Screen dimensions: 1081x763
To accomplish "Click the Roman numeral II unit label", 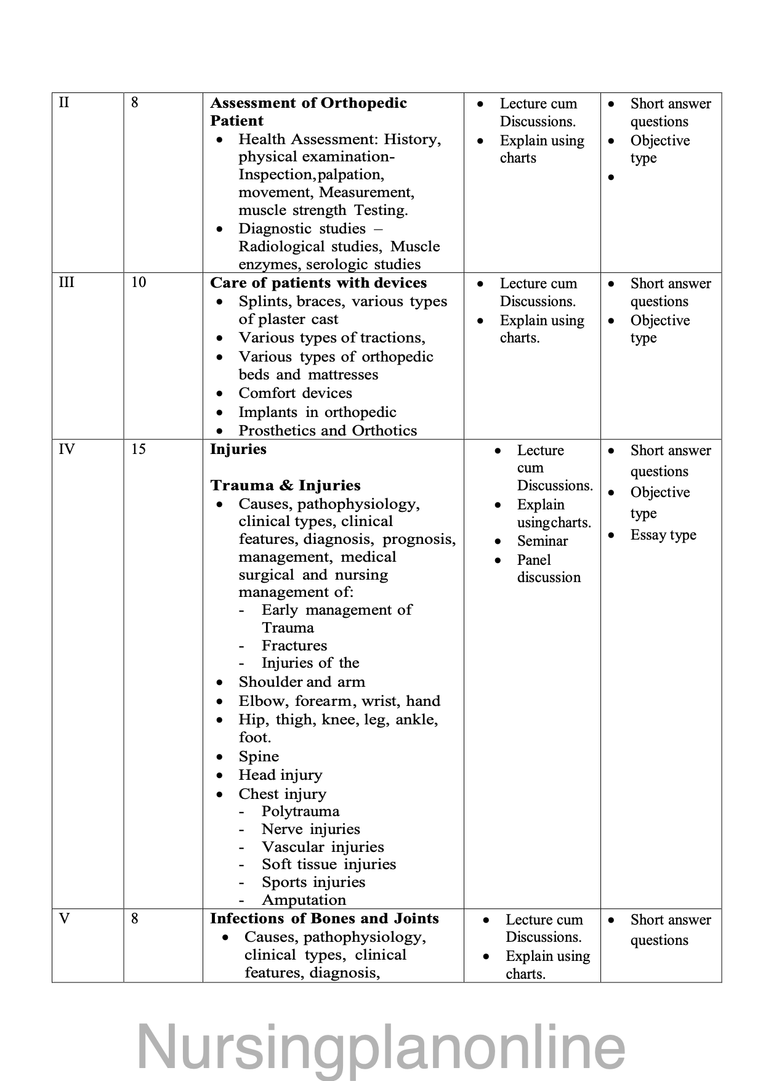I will [x=64, y=102].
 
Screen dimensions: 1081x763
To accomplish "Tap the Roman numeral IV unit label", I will [x=67, y=449].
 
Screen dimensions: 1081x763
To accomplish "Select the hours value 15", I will [x=139, y=449].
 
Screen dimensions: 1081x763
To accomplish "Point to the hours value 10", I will [x=139, y=282].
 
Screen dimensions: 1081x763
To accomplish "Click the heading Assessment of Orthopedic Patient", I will [x=308, y=111].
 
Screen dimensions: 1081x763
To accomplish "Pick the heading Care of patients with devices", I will [x=318, y=283].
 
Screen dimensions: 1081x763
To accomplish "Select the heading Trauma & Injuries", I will [x=285, y=485].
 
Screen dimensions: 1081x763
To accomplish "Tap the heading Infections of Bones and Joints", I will [x=324, y=918].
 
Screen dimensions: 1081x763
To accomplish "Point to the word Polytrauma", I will [x=300, y=811].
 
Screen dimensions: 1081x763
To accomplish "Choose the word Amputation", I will [x=304, y=900].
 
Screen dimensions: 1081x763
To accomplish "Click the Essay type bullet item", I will [x=663, y=535].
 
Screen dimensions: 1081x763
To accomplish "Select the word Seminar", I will [x=542, y=541].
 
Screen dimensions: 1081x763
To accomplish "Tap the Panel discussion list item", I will [x=548, y=569].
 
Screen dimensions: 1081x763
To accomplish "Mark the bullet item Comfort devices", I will [x=295, y=393].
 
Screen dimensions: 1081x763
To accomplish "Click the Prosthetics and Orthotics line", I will [x=328, y=431].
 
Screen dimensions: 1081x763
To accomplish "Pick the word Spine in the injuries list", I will [x=259, y=756].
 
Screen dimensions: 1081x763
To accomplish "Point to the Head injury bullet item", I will [x=280, y=775].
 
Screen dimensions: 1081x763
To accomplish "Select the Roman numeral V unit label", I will [x=64, y=919].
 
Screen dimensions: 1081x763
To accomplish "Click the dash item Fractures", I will [x=294, y=646].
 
